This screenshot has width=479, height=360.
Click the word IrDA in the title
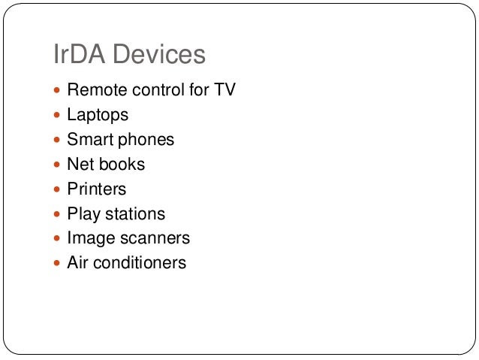click(78, 55)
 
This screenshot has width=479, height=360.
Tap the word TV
click(224, 90)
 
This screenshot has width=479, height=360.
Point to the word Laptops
click(98, 116)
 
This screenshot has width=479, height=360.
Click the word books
click(122, 165)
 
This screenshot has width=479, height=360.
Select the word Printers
click(97, 189)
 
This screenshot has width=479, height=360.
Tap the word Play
click(83, 214)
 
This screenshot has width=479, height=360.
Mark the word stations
click(135, 214)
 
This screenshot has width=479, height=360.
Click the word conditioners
click(140, 263)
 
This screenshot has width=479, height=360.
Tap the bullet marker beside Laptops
click(58, 116)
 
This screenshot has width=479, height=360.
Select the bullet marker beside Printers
click(58, 189)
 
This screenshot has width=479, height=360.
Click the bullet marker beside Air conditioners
click(58, 264)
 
